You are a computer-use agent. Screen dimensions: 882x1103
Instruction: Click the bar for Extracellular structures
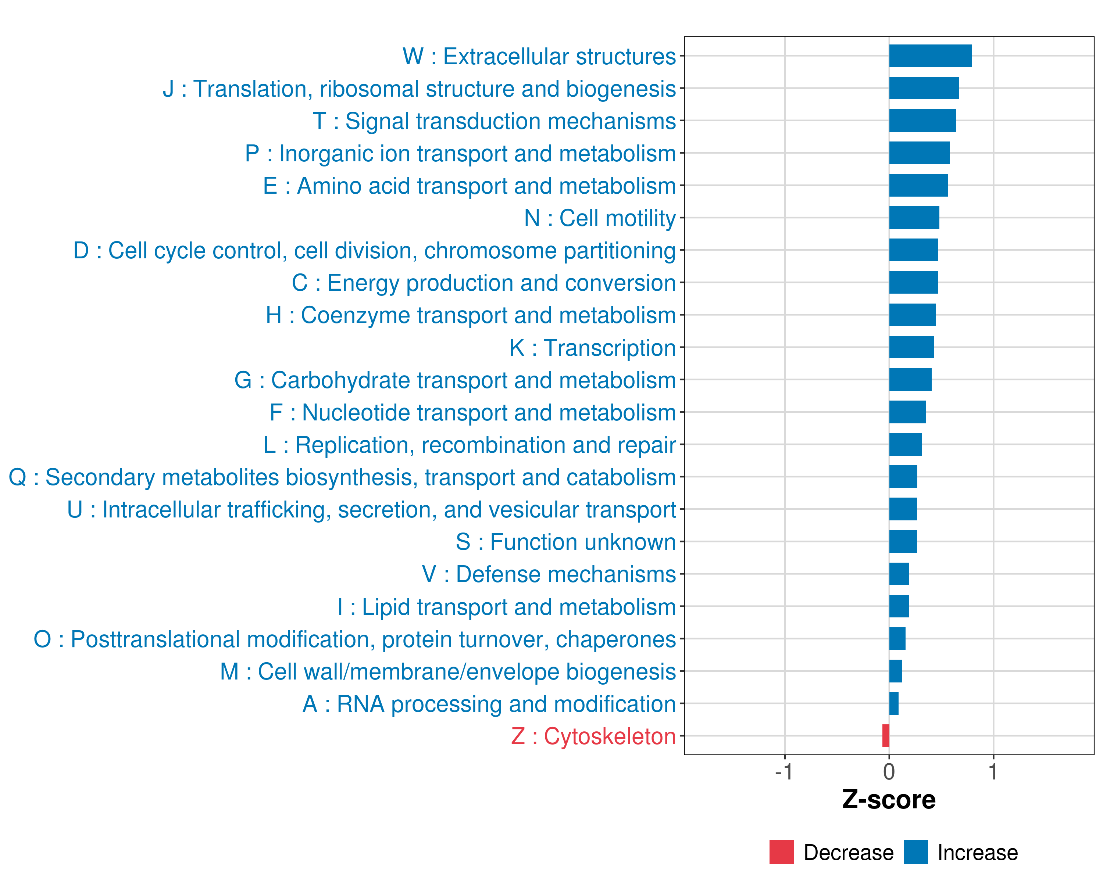930,56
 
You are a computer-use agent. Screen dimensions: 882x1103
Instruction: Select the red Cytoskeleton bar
886,736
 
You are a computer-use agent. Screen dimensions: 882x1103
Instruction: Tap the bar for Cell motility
914,218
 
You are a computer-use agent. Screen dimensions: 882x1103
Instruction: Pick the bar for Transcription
911,347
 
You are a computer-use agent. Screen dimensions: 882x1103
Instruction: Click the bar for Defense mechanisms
899,574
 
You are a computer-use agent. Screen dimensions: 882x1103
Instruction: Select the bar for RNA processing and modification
894,703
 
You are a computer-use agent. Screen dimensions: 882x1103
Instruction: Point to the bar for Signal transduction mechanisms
922,121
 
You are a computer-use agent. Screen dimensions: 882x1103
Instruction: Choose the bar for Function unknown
903,541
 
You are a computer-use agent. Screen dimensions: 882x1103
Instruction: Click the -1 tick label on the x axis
784,771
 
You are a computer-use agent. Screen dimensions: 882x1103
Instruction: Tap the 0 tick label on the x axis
889,771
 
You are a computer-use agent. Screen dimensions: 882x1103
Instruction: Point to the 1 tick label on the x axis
993,771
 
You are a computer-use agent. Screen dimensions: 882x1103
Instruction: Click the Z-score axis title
889,800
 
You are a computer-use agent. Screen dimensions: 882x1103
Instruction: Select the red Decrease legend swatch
781,852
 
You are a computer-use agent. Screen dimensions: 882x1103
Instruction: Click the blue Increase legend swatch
915,852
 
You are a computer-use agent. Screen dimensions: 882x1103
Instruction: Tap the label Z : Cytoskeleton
593,736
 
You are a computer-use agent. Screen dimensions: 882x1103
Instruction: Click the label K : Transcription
592,348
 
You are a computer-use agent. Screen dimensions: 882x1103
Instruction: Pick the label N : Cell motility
600,218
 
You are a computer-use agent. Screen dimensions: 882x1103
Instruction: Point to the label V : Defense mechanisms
549,574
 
